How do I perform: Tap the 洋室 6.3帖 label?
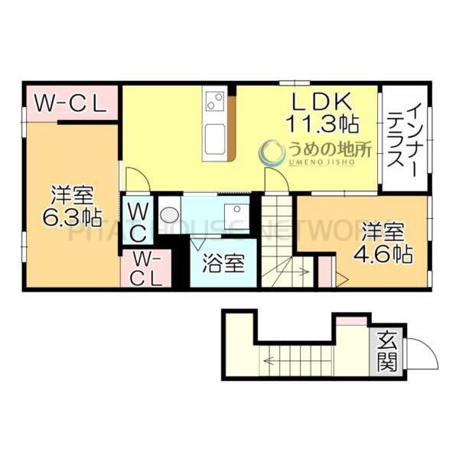(x=73, y=204)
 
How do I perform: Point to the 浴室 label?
(x=223, y=264)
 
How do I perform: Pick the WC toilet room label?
(x=138, y=220)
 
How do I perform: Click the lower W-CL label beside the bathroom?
(x=145, y=269)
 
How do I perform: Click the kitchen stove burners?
(x=215, y=100)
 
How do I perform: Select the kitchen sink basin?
(x=214, y=138)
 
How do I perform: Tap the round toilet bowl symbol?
(x=170, y=213)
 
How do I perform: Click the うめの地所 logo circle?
(x=272, y=153)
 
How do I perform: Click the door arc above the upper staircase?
(x=275, y=182)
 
